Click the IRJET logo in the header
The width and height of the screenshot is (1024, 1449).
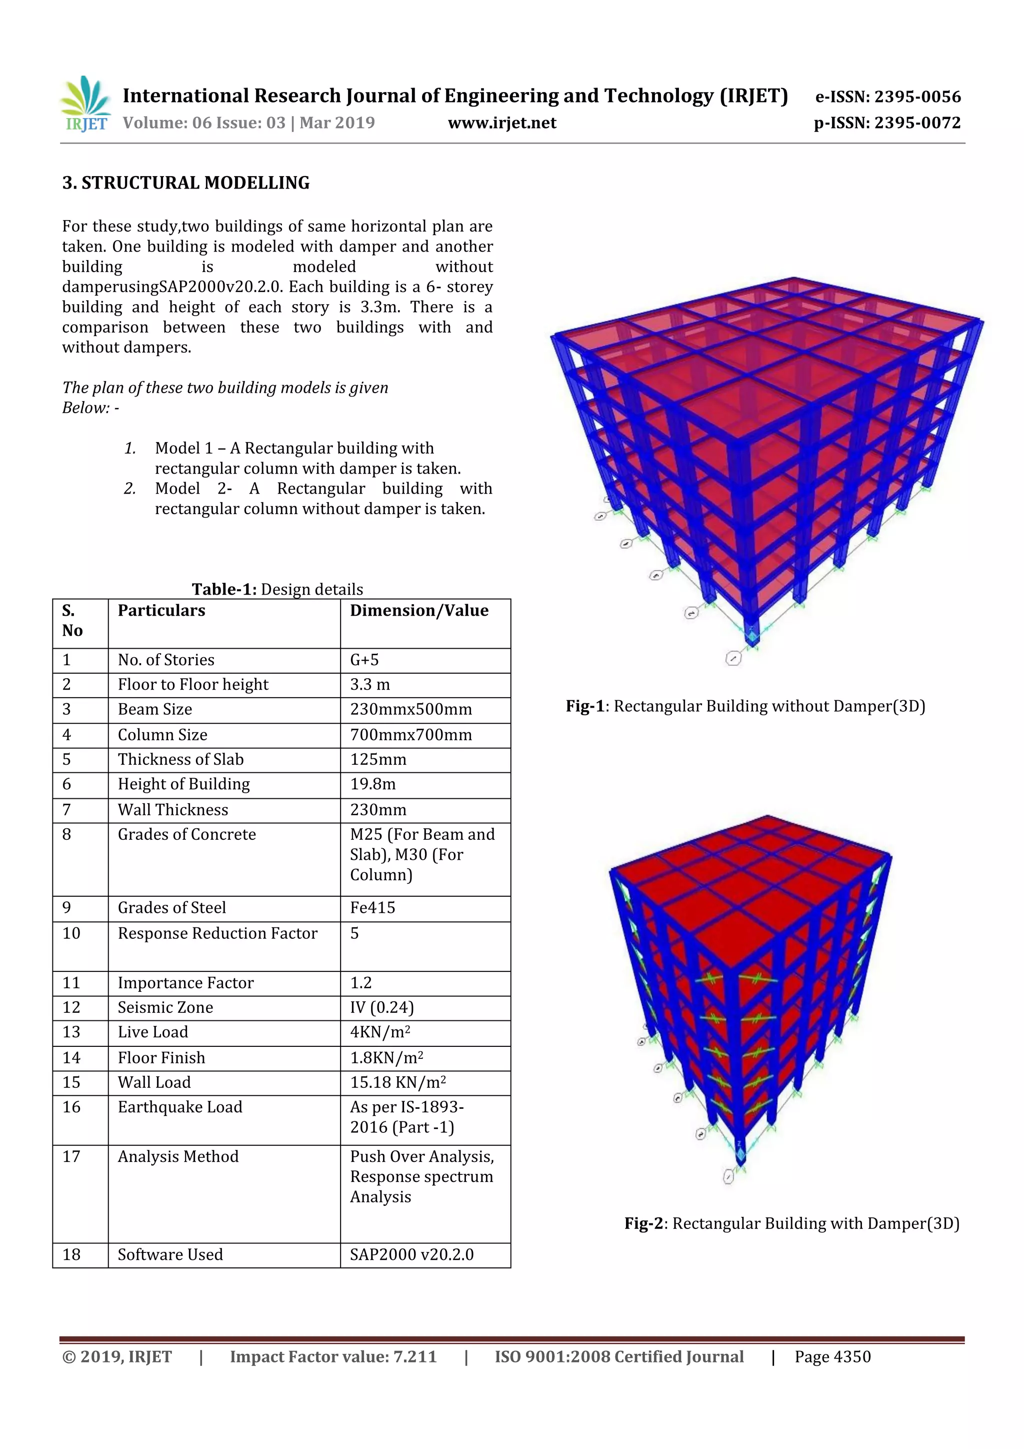click(x=85, y=104)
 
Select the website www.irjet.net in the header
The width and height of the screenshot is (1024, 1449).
click(x=501, y=123)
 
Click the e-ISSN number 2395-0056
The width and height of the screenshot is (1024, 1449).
click(x=887, y=97)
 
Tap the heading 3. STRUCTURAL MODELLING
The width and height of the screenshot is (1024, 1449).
click(x=185, y=183)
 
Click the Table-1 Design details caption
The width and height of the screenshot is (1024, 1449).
click(x=277, y=589)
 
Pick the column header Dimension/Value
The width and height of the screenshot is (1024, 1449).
click(x=419, y=610)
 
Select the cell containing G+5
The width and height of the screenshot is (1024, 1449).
click(x=364, y=660)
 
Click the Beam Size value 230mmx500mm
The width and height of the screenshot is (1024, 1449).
click(x=410, y=709)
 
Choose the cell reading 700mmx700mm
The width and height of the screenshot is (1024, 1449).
click(x=410, y=735)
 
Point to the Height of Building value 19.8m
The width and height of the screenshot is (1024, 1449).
click(x=373, y=784)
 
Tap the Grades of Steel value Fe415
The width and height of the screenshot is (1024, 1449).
click(x=372, y=907)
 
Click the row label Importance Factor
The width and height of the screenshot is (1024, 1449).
click(x=185, y=983)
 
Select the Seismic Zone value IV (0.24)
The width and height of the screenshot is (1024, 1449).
click(x=381, y=1007)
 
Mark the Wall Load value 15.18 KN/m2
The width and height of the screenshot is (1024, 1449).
click(x=397, y=1082)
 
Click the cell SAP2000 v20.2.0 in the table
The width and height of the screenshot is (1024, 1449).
click(x=411, y=1254)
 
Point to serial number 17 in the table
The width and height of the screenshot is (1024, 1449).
click(x=71, y=1157)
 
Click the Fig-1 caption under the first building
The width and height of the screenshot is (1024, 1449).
click(x=745, y=706)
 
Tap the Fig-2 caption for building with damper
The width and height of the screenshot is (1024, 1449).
click(x=791, y=1224)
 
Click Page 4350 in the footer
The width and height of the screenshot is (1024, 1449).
click(x=832, y=1357)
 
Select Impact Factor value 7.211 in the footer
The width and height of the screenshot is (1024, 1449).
click(x=333, y=1357)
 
